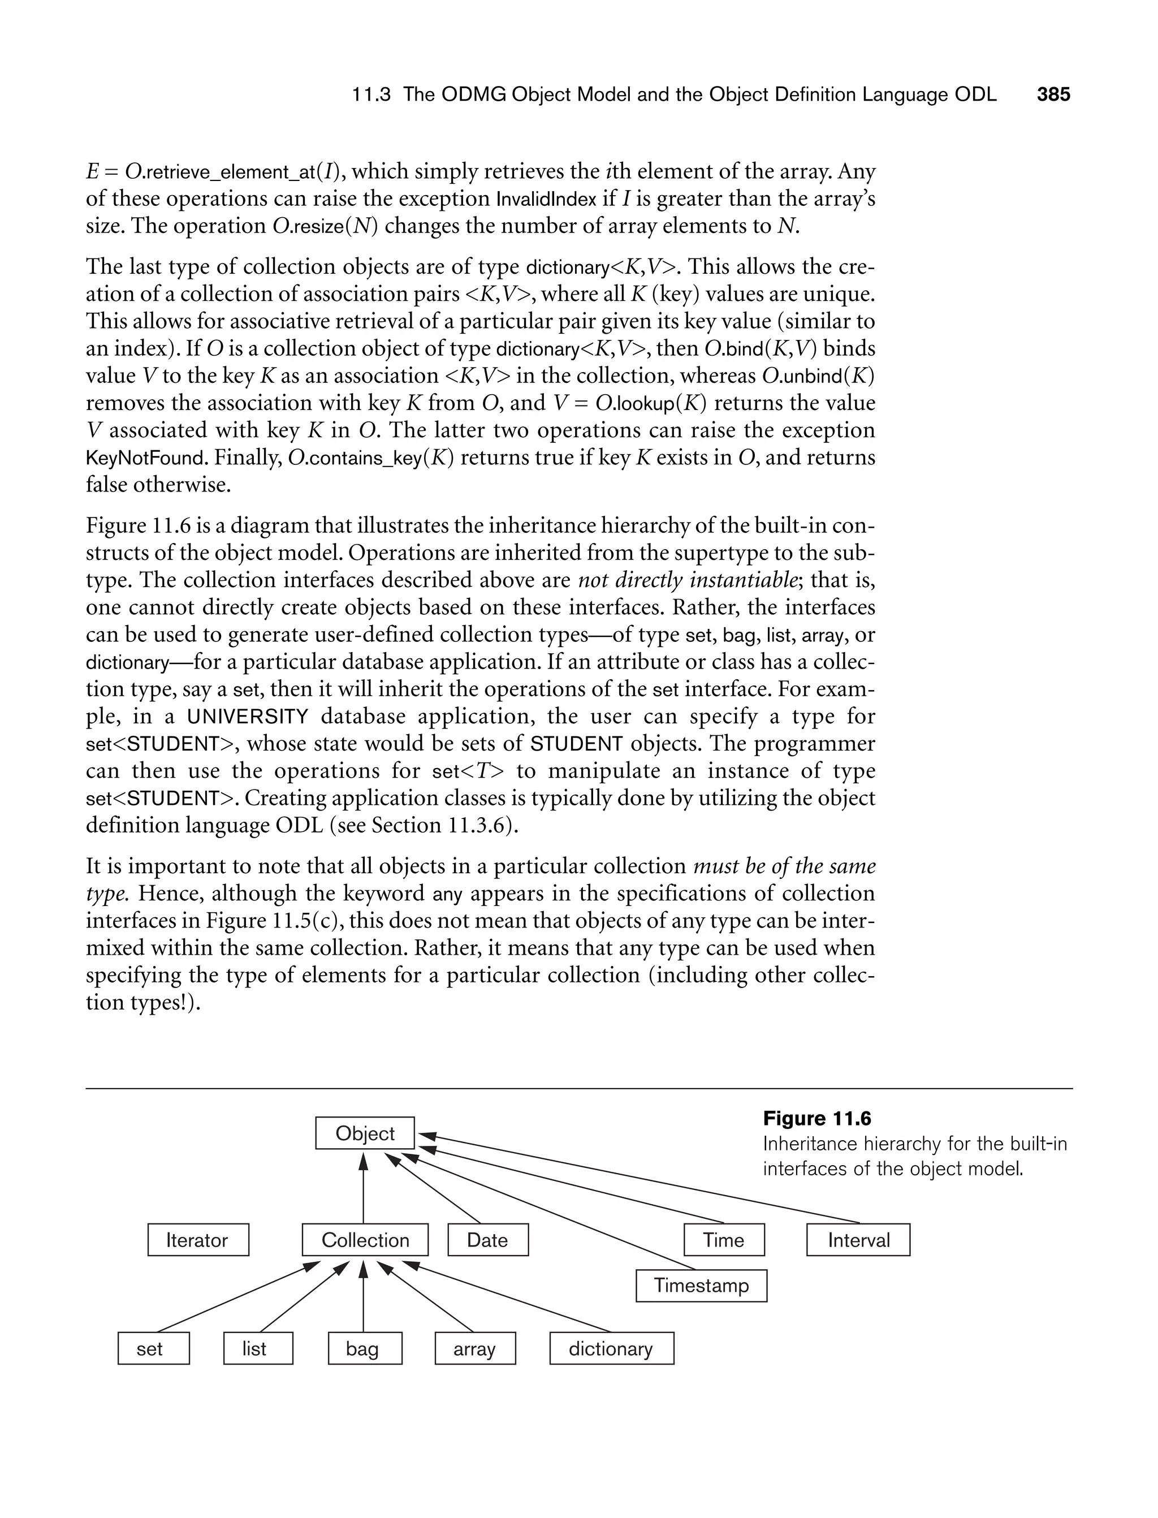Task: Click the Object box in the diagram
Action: [x=365, y=1133]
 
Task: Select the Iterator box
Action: [x=198, y=1240]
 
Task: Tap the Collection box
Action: [x=365, y=1240]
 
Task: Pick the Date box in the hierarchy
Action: [x=488, y=1240]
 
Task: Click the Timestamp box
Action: [x=701, y=1285]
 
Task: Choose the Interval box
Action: [x=858, y=1240]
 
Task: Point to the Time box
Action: [x=724, y=1240]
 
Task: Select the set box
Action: [x=153, y=1348]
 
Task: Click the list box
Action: [x=258, y=1348]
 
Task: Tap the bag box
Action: [x=365, y=1348]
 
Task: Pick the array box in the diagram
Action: [x=475, y=1348]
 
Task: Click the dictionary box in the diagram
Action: [x=611, y=1348]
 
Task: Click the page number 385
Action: [x=1053, y=94]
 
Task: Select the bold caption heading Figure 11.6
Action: [x=817, y=1118]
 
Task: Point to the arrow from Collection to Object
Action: [x=363, y=1185]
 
